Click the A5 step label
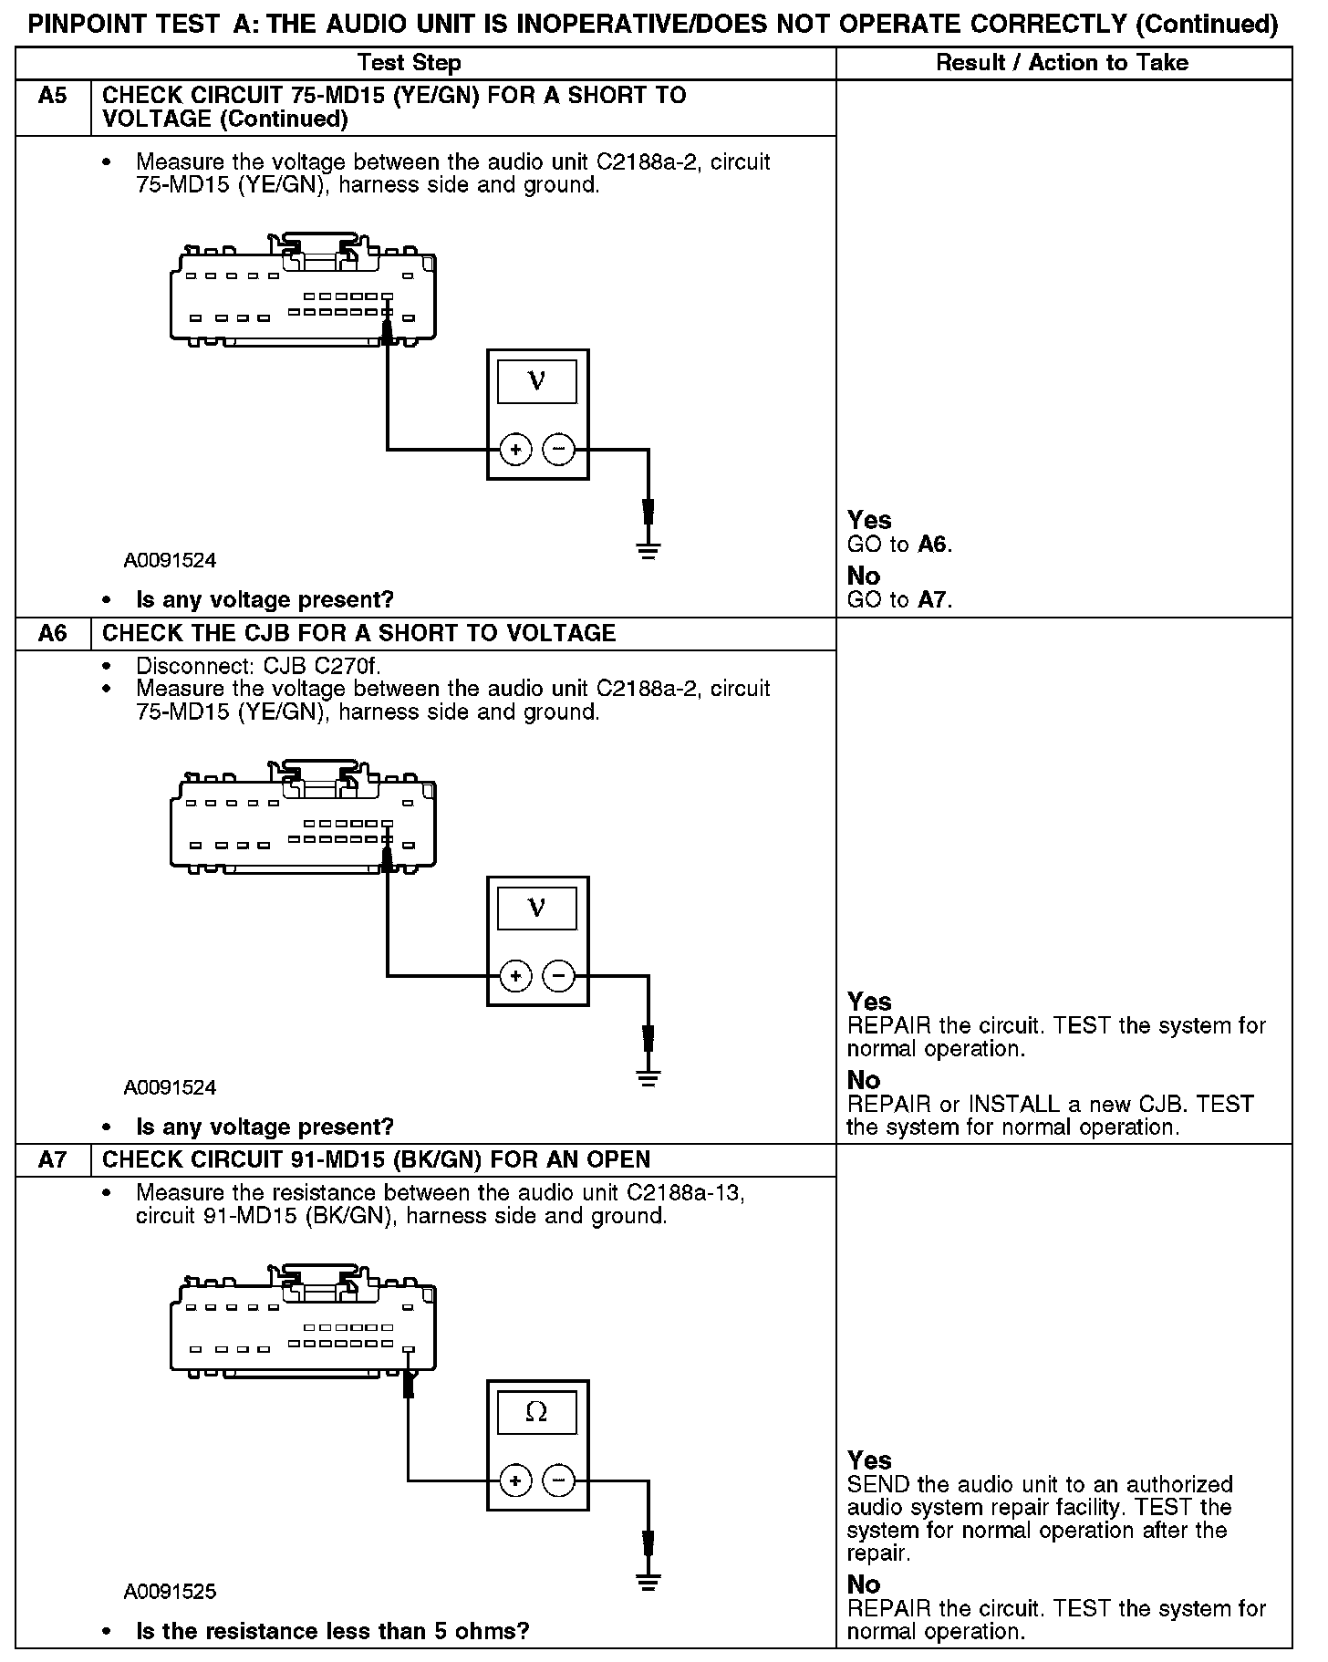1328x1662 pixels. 53,96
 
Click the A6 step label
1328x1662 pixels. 53,633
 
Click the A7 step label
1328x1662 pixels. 53,1159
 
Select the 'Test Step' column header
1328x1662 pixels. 409,63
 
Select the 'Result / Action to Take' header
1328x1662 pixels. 1063,63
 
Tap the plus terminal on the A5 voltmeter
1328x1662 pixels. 516,449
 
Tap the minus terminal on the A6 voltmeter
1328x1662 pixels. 559,976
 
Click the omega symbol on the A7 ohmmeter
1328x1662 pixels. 536,1413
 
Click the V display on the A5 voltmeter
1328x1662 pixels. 536,380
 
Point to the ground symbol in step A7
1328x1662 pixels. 648,1582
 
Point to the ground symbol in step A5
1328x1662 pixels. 648,550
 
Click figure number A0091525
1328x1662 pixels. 171,1592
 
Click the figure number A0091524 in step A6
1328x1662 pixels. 171,1087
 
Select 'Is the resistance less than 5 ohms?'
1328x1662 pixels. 332,1631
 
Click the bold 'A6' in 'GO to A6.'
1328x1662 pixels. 933,545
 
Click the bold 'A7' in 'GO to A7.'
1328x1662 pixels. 933,600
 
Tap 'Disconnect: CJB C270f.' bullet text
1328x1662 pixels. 258,666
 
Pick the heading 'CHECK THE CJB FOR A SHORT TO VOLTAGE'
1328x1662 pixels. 358,633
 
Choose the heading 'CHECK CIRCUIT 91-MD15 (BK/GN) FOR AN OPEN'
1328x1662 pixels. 376,1159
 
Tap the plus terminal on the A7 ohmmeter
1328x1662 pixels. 516,1480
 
